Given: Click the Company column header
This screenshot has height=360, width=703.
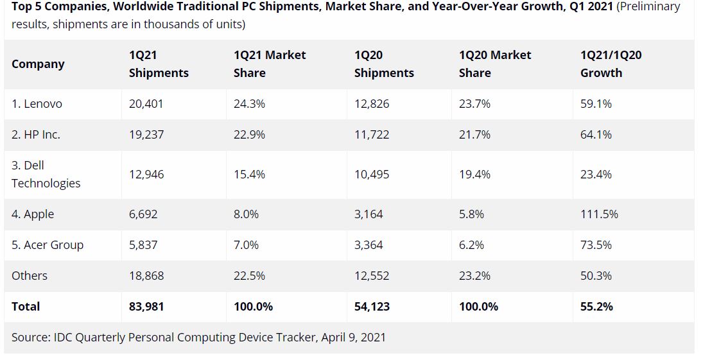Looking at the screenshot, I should (38, 64).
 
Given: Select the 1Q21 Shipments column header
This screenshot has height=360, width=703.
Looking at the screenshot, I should (159, 64).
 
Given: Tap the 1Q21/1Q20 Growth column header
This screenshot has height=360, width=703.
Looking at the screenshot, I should (611, 64).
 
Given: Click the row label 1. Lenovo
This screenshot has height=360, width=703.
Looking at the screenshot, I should (37, 104).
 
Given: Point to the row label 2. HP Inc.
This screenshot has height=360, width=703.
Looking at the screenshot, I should (36, 135).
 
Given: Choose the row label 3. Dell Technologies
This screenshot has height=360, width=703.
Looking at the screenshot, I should (46, 175).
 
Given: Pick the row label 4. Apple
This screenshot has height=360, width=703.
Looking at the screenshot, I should (33, 214).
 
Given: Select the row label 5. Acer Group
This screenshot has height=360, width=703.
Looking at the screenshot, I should (48, 245).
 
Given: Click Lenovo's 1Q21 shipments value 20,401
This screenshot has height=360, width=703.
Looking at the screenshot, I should (146, 104).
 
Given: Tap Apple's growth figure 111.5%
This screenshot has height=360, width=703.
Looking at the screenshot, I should (599, 214).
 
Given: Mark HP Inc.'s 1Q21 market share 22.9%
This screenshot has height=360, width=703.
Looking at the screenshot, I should (249, 135).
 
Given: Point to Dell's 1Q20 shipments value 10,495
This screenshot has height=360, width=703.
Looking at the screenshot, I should (372, 175).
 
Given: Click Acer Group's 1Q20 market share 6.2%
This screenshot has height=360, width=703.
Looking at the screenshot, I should (471, 245).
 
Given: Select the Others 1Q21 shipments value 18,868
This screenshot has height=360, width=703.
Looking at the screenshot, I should (146, 276).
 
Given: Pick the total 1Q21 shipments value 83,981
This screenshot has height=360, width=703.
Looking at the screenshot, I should (146, 307).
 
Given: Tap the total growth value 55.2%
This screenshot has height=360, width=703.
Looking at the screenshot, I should (596, 307).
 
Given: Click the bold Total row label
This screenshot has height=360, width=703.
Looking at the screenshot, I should (26, 307).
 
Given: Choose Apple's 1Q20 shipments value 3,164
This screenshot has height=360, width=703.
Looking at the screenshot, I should (369, 214).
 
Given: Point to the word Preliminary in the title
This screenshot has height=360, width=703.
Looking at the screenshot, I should (649, 7).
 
